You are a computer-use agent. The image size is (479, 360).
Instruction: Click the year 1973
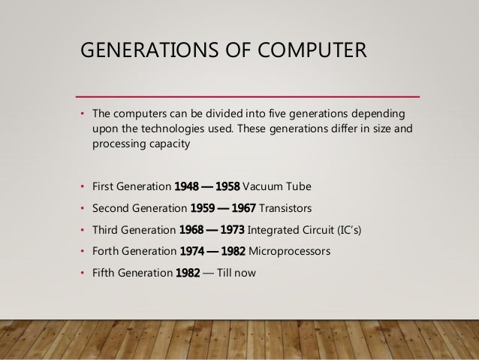233,229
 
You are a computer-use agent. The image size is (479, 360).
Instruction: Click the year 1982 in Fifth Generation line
187,273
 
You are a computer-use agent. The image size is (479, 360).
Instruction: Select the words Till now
237,273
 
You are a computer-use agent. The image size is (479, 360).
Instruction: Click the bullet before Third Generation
83,229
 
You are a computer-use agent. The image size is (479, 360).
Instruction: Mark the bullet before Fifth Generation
83,273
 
